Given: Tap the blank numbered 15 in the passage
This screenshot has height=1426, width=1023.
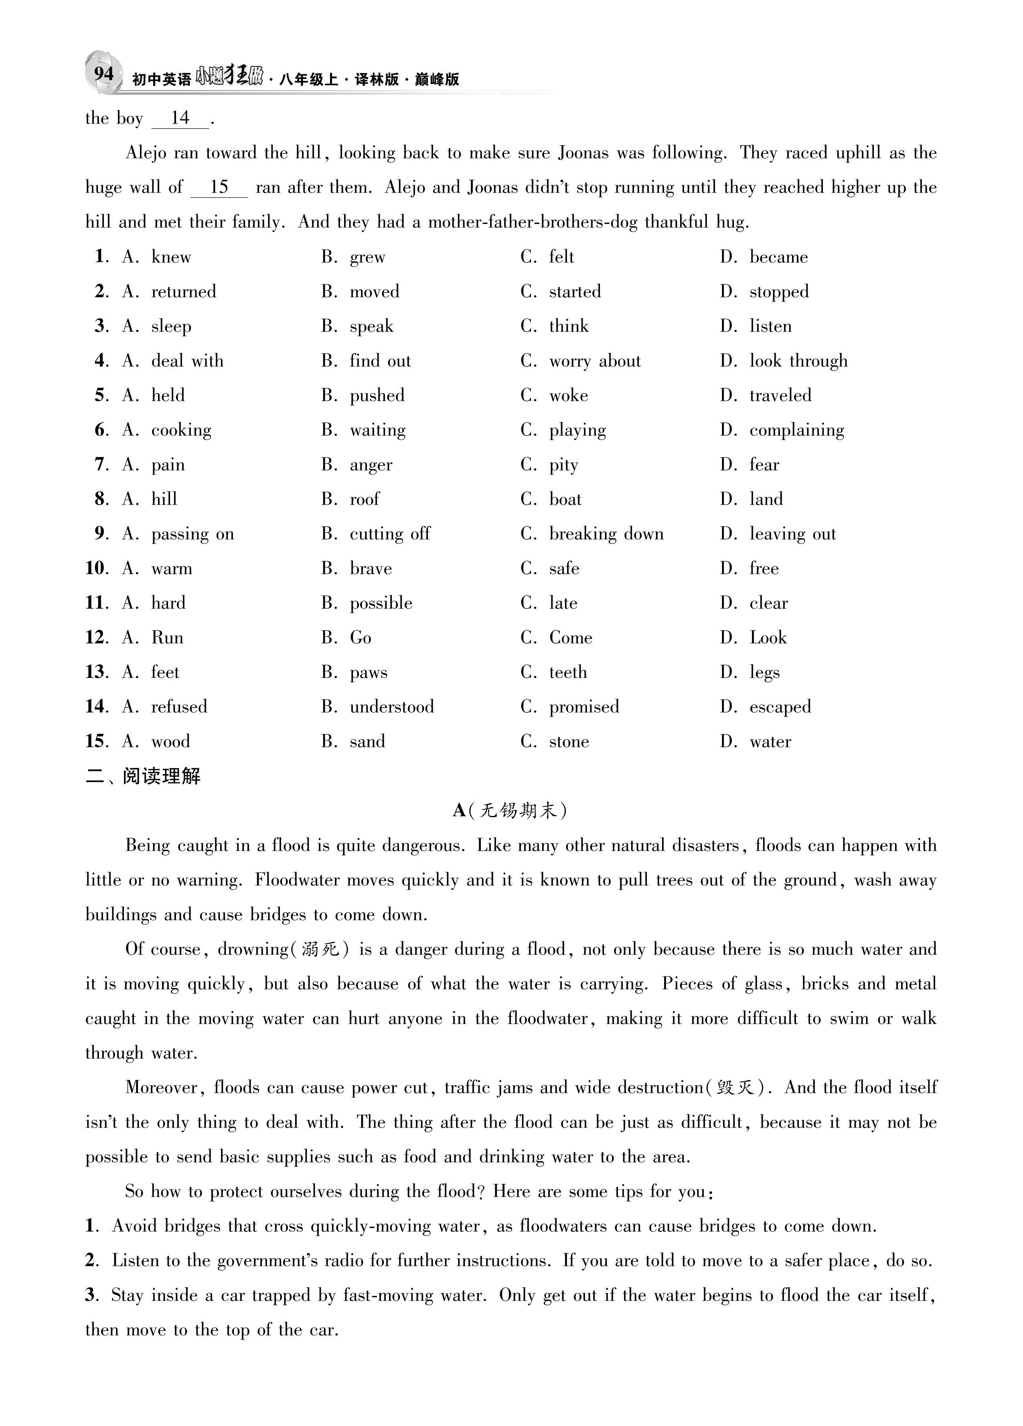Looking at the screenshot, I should click(x=219, y=187).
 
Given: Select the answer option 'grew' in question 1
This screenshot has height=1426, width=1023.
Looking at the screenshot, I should click(x=367, y=257).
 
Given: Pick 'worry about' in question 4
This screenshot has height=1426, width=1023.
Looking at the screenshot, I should click(x=594, y=361).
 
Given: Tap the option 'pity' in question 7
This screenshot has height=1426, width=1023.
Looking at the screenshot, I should click(x=563, y=465).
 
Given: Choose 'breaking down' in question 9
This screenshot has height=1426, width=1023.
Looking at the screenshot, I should click(x=606, y=534).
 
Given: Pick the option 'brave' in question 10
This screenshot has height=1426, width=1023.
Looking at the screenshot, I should click(x=371, y=568).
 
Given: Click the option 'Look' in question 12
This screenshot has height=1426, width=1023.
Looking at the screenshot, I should click(x=768, y=637).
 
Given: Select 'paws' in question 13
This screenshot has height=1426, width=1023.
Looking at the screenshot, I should click(x=369, y=672).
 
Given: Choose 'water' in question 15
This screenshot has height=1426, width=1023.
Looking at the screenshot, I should click(x=770, y=741).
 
